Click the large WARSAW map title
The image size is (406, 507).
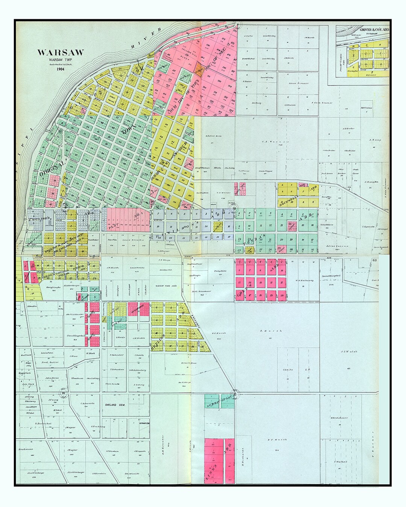(60, 53)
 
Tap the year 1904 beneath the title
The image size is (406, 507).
(60, 69)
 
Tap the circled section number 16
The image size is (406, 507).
(64, 393)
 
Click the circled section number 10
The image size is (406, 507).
(234, 208)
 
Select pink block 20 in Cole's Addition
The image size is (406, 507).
(281, 296)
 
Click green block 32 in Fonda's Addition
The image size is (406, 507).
(312, 249)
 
